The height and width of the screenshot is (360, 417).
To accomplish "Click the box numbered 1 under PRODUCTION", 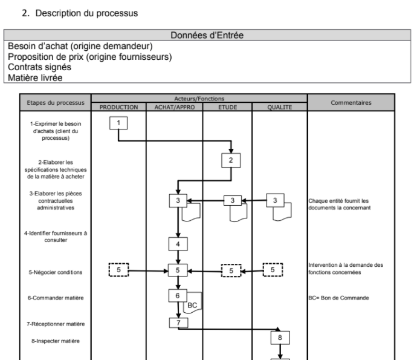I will click(x=119, y=123).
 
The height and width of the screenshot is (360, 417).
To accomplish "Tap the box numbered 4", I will click(x=178, y=244).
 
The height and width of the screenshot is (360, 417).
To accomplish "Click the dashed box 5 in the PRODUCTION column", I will click(x=119, y=270).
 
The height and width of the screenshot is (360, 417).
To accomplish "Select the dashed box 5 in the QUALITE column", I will click(x=273, y=270).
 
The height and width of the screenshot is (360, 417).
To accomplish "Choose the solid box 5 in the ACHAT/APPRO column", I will click(x=178, y=270).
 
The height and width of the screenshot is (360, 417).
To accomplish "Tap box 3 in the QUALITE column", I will click(x=276, y=201).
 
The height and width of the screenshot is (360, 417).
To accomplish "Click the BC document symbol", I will click(x=192, y=306).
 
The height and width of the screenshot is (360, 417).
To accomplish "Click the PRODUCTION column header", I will click(x=118, y=107).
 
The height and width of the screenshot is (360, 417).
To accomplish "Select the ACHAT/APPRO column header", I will click(x=174, y=107).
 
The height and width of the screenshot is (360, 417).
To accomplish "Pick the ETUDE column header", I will click(x=227, y=107).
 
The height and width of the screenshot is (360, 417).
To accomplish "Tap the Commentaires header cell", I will click(x=351, y=103).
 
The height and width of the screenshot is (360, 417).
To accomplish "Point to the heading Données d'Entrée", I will click(x=208, y=35).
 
